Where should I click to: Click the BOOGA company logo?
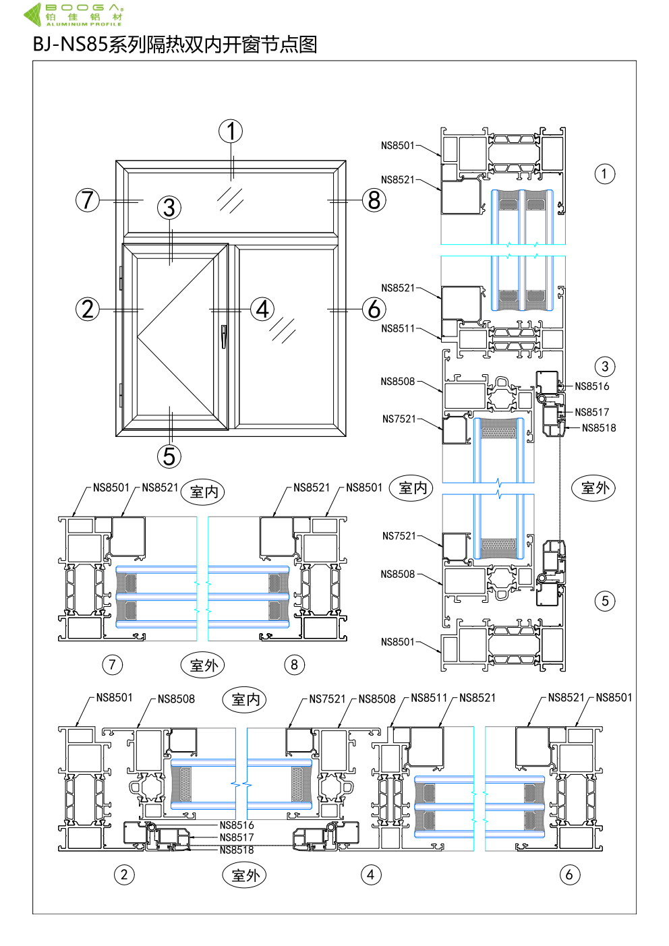(74, 14)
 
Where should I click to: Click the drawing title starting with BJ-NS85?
(175, 45)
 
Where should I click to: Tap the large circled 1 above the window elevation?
(231, 131)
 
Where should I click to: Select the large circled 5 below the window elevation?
(169, 456)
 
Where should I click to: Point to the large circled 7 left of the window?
(88, 200)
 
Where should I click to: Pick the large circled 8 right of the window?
(374, 200)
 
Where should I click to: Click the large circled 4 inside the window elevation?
(262, 309)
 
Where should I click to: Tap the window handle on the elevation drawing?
(224, 336)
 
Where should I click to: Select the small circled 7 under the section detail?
(113, 665)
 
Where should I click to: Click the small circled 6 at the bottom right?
(570, 875)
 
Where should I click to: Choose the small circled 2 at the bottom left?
(124, 875)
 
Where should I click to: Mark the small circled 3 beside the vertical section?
(605, 367)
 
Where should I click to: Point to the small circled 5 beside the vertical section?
(605, 601)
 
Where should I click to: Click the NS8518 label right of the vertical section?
(599, 428)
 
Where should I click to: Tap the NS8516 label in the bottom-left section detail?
(237, 825)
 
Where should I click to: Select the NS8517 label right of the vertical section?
(592, 413)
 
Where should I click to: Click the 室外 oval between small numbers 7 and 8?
(203, 666)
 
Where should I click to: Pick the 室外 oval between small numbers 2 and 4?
(245, 876)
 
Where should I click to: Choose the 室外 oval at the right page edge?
(594, 488)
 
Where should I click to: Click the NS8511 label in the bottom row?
(429, 699)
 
